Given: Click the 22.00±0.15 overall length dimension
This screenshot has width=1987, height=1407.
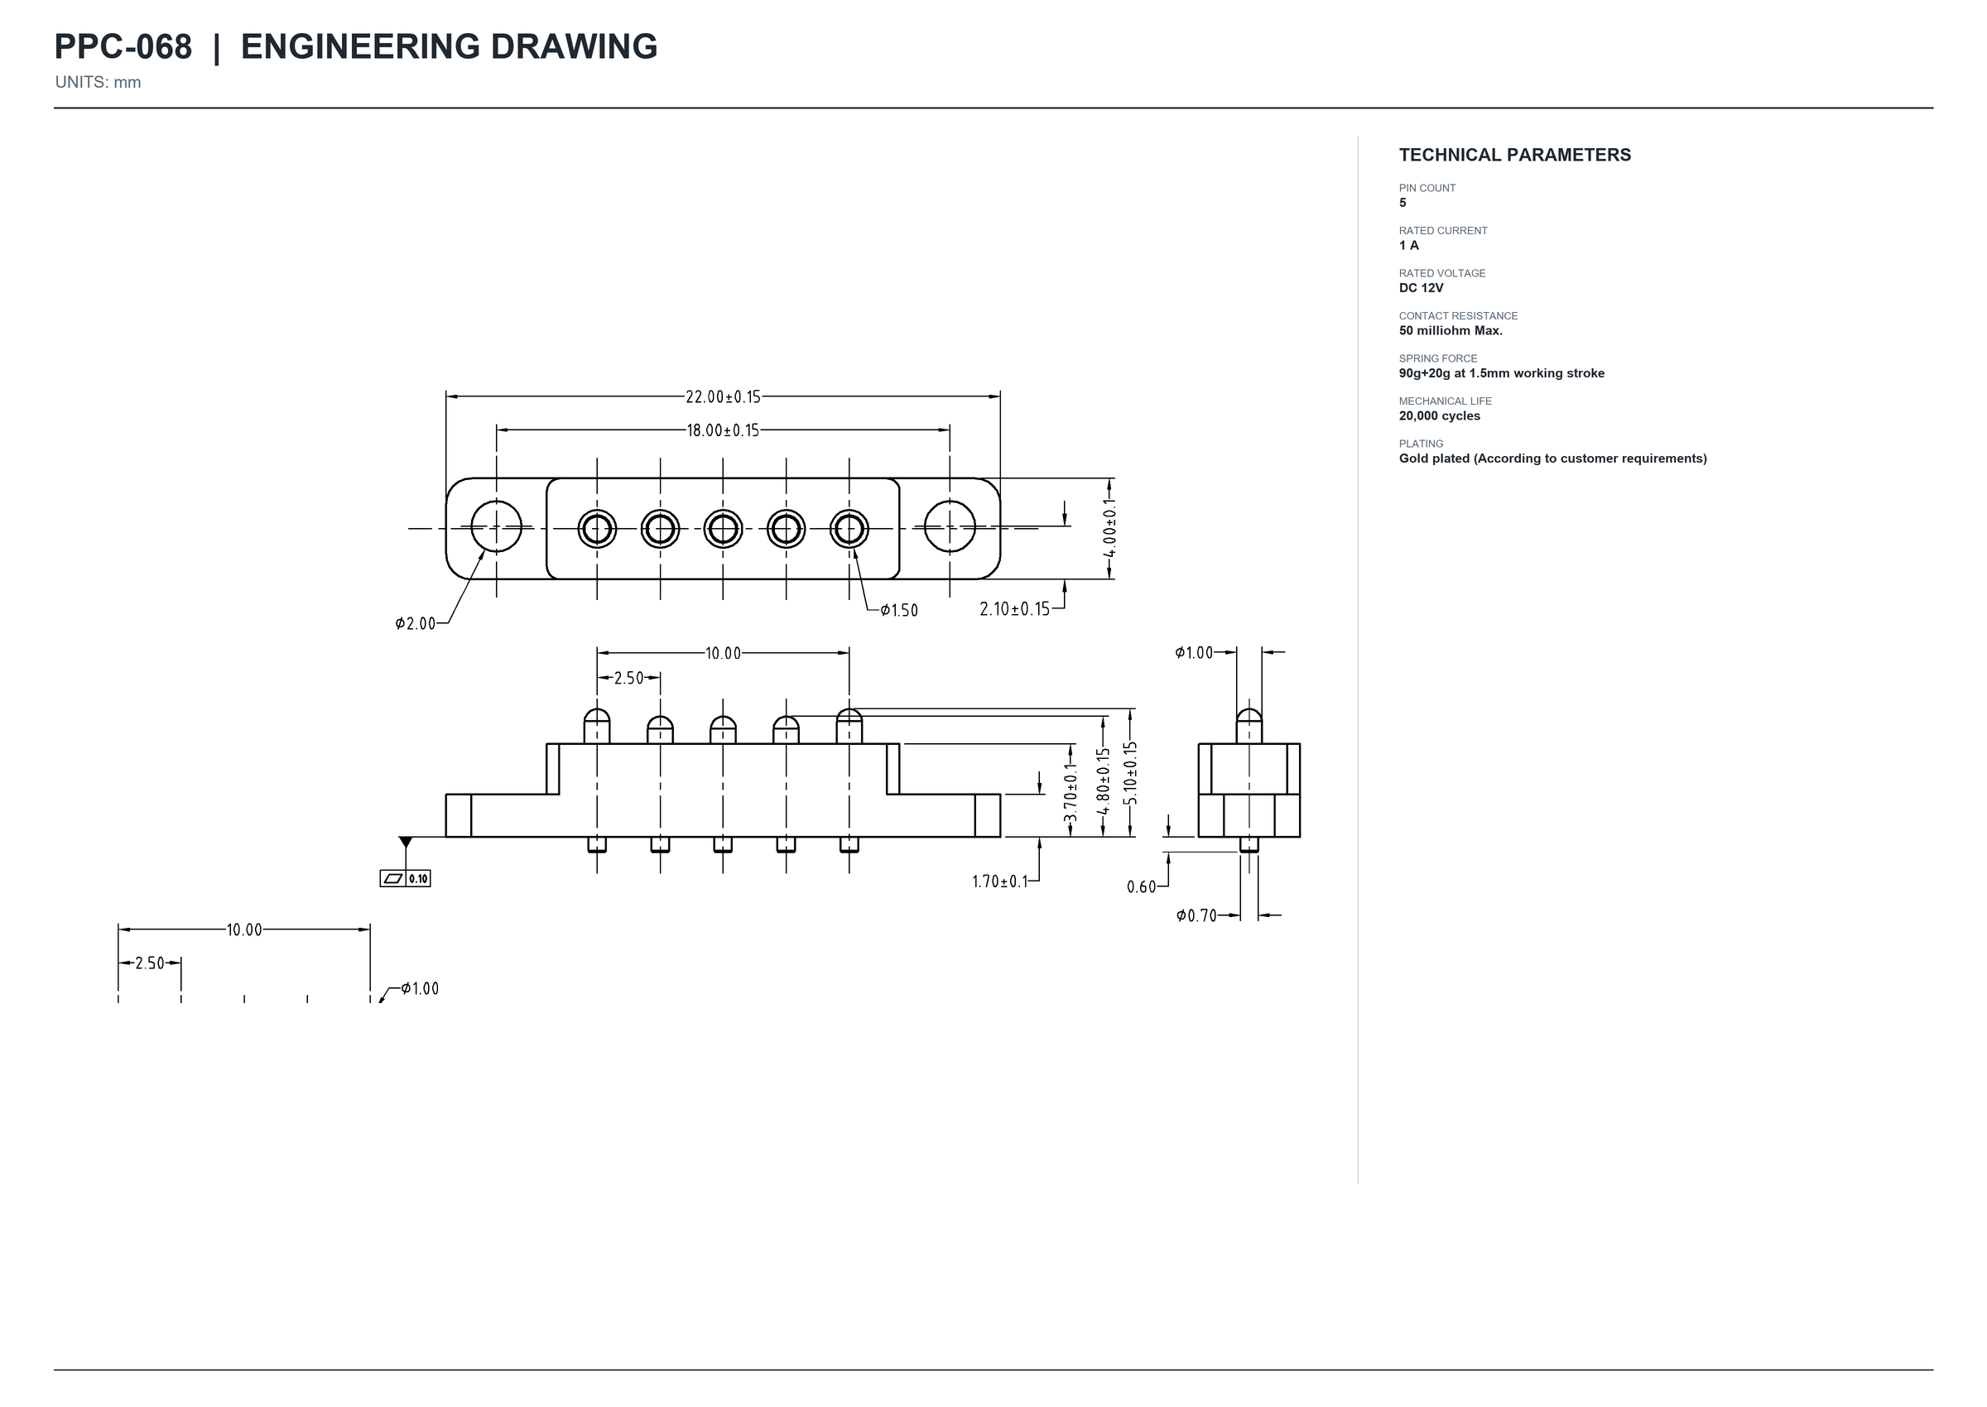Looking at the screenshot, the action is [723, 396].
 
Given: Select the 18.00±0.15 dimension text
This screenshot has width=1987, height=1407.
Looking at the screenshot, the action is [723, 430].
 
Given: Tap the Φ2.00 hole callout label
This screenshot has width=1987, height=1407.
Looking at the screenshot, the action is [415, 624].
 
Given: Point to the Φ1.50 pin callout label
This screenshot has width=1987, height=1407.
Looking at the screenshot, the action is [898, 611].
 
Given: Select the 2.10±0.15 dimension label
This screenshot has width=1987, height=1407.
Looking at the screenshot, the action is [1015, 609].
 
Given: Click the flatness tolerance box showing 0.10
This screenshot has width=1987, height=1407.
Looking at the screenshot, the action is [405, 878].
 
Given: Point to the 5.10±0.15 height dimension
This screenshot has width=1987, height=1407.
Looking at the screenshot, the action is [1131, 774].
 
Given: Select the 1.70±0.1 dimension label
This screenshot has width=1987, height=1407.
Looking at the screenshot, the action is [1000, 882].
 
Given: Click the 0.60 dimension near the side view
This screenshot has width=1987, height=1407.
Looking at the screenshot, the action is [1141, 887].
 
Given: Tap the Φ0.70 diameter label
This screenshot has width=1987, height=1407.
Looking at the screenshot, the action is [1196, 915].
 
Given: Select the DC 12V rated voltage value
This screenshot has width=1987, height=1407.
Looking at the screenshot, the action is [1422, 289].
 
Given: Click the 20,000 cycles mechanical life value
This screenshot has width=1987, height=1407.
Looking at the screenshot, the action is [1440, 415].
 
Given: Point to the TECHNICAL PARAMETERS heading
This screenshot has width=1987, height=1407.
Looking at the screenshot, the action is [1515, 155].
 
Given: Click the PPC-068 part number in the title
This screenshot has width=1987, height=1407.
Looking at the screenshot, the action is [123, 47].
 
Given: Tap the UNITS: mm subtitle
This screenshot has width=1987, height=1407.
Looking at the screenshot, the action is [98, 82].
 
